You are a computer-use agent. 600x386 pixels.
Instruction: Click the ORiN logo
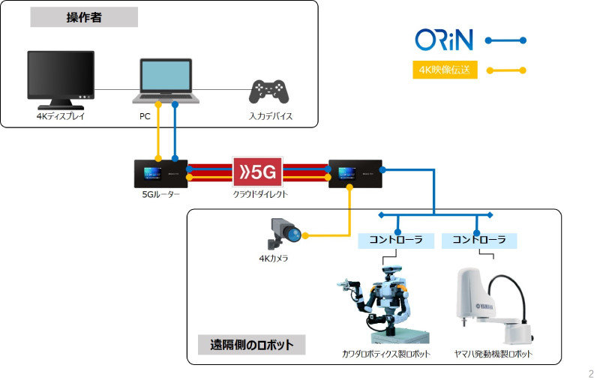[x=444, y=40]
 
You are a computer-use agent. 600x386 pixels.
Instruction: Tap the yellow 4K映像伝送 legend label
[x=445, y=70]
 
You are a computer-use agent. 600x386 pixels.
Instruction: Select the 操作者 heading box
[x=84, y=17]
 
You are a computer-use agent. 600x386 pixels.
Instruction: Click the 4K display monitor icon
[x=61, y=80]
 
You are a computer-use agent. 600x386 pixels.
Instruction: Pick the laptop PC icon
[x=166, y=81]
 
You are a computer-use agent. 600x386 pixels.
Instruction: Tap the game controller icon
[x=268, y=91]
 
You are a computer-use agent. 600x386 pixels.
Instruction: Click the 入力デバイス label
[x=271, y=116]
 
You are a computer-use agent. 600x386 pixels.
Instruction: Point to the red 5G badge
[x=257, y=172]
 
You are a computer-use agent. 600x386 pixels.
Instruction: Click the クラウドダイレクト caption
[x=260, y=194]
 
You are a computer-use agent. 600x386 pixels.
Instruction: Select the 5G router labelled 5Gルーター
[x=160, y=174]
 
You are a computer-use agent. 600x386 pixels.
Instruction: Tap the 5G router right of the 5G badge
[x=355, y=174]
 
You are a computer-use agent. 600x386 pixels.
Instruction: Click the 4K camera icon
[x=285, y=233]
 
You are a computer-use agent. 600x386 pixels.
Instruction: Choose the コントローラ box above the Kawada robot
[x=396, y=241]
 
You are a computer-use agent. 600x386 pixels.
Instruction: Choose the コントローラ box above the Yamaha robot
[x=479, y=241]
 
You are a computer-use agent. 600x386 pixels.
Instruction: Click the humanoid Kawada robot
[x=383, y=304]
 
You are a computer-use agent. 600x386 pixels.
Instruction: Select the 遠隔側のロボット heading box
[x=251, y=345]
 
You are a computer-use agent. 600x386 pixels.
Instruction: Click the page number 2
[x=591, y=374]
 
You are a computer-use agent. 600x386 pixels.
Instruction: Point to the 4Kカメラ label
[x=273, y=259]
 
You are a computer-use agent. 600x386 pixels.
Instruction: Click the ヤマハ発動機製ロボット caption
[x=493, y=354]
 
